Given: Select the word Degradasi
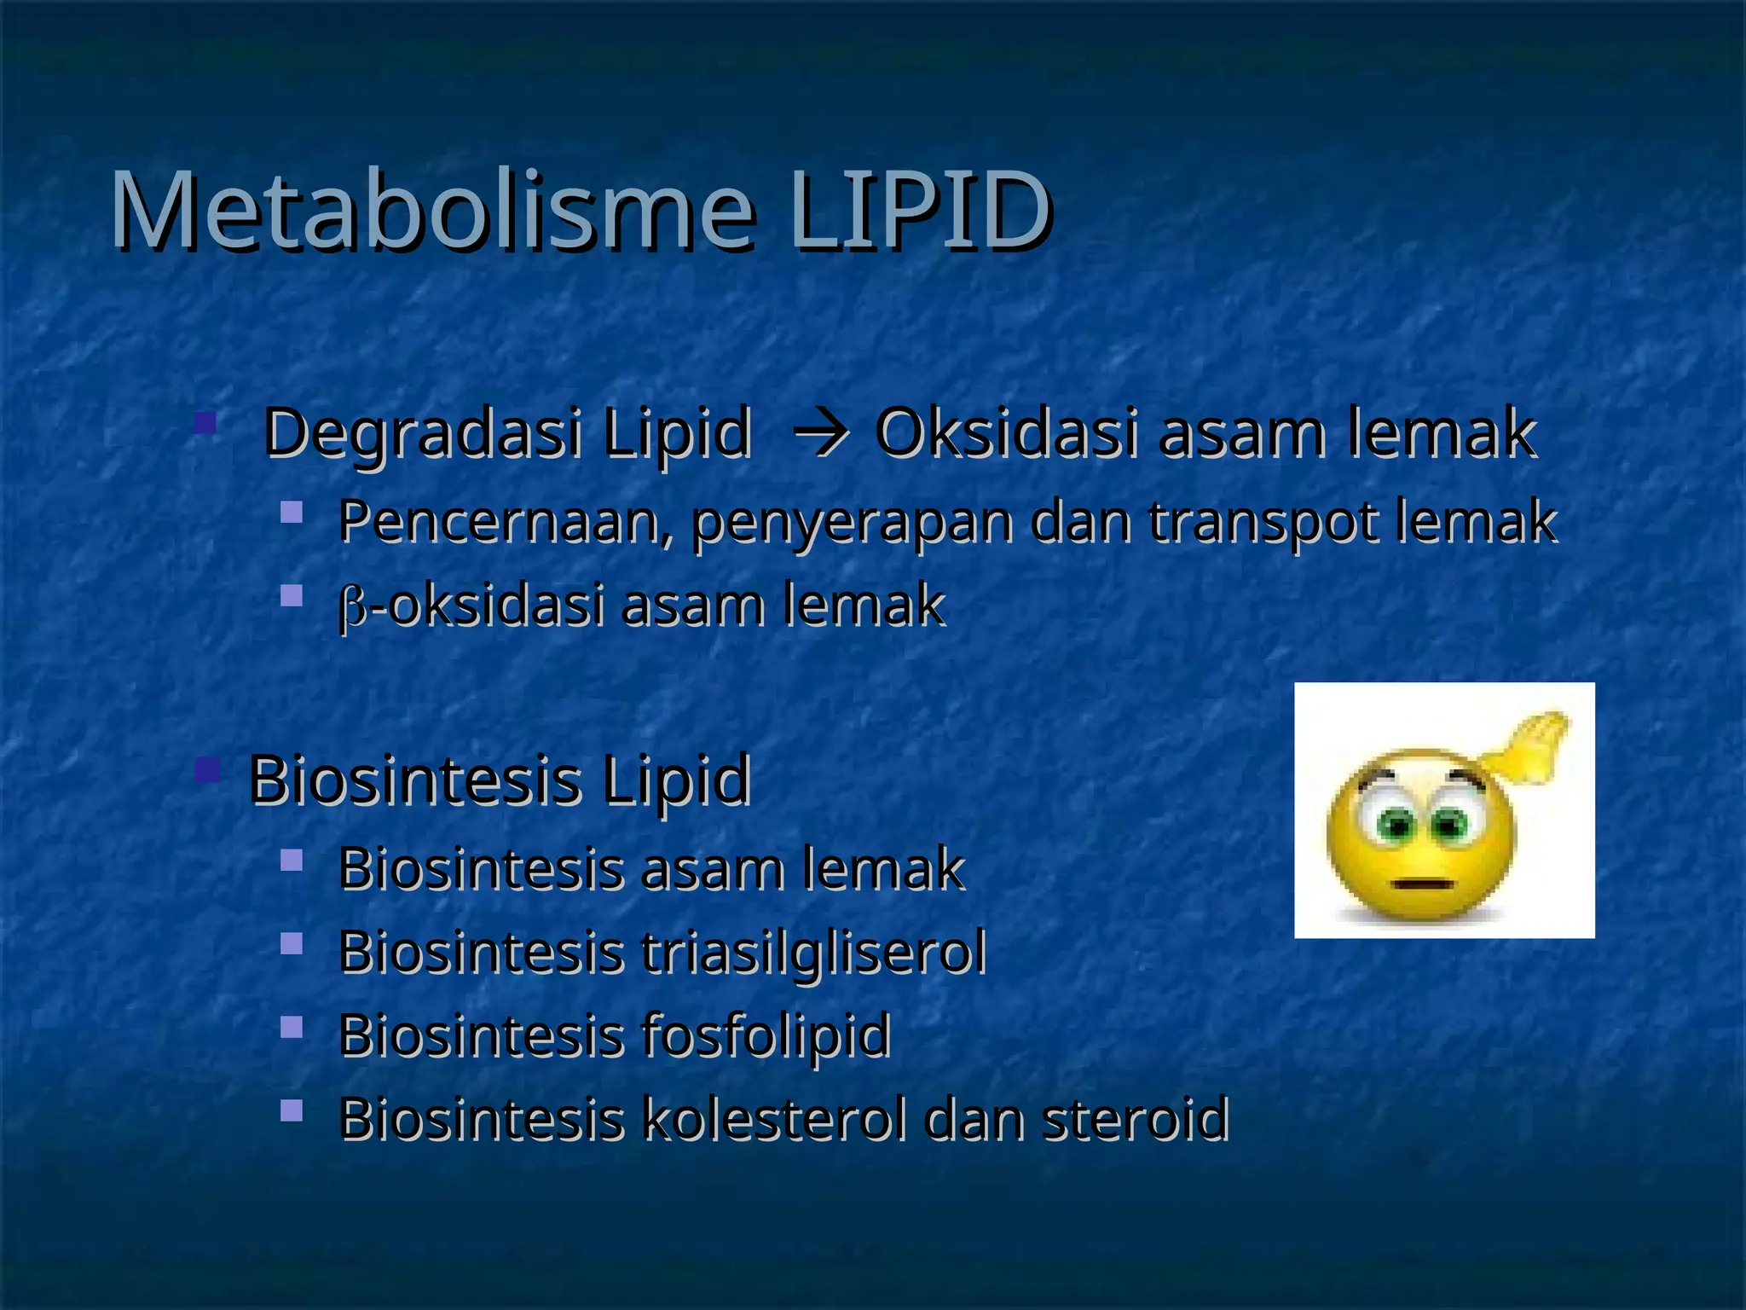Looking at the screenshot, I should click(423, 433).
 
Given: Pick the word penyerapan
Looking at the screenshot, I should click(852, 522).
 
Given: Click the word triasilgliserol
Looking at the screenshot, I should click(814, 952).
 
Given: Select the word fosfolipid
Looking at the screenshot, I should click(766, 1035).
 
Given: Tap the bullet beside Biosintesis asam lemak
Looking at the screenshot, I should click(292, 860).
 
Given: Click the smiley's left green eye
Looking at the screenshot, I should click(1396, 824).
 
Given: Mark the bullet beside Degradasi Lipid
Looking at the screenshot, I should click(205, 422).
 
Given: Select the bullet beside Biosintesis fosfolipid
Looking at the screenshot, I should click(292, 1026).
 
